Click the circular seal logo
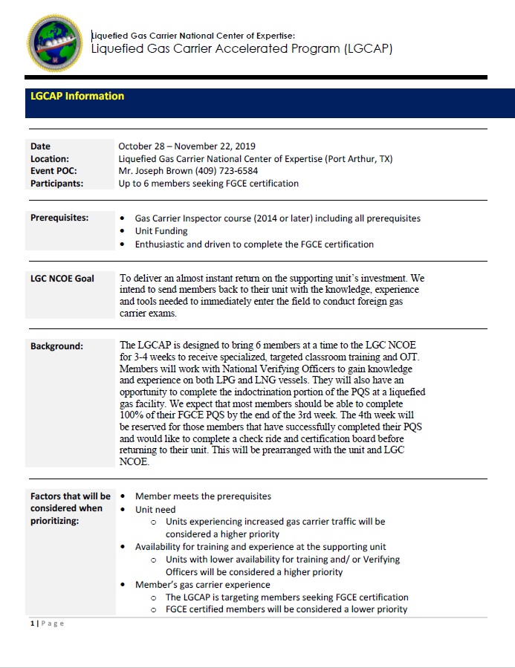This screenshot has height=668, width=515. click(x=55, y=44)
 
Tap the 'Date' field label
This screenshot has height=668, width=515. click(x=41, y=146)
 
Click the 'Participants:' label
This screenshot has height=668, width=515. click(x=56, y=183)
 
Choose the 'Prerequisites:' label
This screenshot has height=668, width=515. click(x=59, y=218)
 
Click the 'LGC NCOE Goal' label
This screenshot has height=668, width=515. click(x=62, y=279)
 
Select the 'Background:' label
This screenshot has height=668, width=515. click(x=56, y=346)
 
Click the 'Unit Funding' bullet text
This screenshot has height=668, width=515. click(x=160, y=231)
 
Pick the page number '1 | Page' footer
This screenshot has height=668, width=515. click(x=47, y=623)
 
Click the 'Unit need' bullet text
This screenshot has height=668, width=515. click(x=155, y=510)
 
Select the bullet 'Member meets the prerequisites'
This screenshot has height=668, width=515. click(x=203, y=496)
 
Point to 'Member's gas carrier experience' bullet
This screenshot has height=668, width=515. click(x=202, y=585)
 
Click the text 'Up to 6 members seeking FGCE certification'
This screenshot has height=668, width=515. click(x=209, y=183)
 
